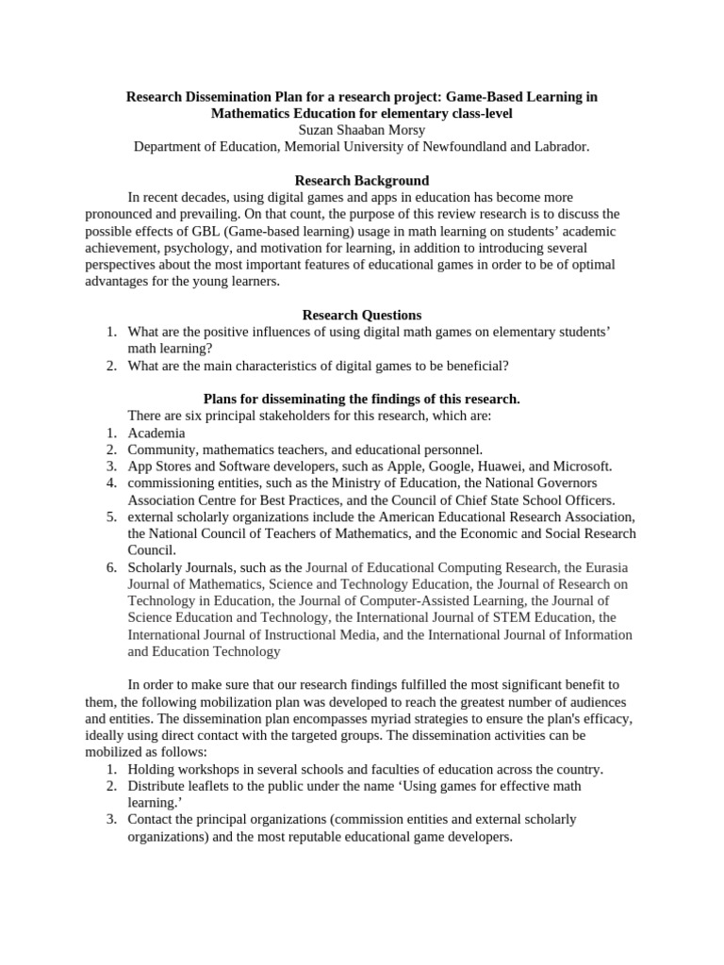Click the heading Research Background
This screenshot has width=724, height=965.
[x=361, y=180]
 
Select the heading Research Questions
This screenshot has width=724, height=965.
[x=361, y=315]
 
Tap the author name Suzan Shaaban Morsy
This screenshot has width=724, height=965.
[x=361, y=130]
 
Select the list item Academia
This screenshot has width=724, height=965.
[x=156, y=433]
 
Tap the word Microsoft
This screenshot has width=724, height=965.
[x=581, y=466]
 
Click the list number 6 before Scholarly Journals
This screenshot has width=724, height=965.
[x=110, y=567]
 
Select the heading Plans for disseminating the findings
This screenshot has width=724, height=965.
[x=361, y=399]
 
